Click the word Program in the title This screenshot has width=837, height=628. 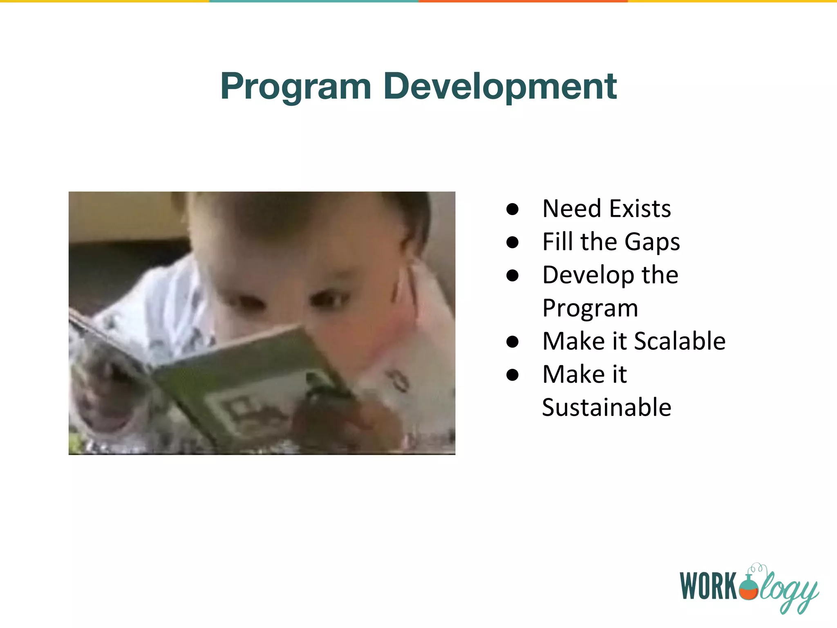pyautogui.click(x=296, y=87)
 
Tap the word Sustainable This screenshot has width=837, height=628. pyautogui.click(x=606, y=407)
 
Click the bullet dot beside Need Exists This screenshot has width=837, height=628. pyautogui.click(x=512, y=209)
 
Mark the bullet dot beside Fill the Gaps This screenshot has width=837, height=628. pyautogui.click(x=512, y=242)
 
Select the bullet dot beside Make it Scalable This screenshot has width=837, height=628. pyautogui.click(x=512, y=341)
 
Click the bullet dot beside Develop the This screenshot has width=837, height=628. pyautogui.click(x=512, y=276)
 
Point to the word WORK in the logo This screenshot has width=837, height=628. pyautogui.click(x=709, y=586)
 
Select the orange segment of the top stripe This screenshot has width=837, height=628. pyautogui.click(x=523, y=1)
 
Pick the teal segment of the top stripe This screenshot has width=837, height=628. pyautogui.click(x=314, y=1)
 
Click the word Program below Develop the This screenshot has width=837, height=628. pyautogui.click(x=590, y=308)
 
